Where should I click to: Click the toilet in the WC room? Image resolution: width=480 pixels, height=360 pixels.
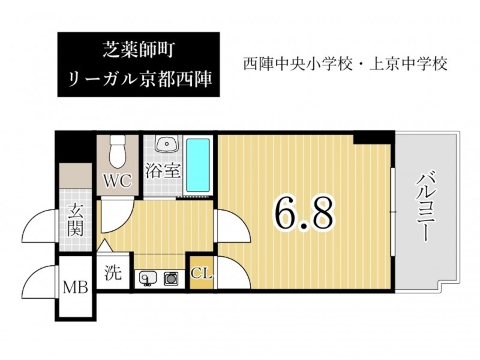click(118, 151)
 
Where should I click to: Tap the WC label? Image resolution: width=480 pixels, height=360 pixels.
click(118, 181)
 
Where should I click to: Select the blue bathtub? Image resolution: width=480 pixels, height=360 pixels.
click(198, 165)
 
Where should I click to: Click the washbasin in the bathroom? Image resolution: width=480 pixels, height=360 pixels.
click(167, 143)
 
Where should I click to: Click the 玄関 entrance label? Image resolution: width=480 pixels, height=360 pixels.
click(76, 220)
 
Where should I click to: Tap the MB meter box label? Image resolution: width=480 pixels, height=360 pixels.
click(76, 288)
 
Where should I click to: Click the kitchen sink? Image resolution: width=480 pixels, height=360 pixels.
click(148, 278)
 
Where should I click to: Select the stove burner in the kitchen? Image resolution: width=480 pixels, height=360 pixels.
click(171, 278)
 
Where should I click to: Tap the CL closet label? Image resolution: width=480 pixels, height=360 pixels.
click(202, 274)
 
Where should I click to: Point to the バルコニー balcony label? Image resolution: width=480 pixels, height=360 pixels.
click(426, 207)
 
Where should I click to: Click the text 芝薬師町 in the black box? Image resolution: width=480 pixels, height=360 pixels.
click(139, 50)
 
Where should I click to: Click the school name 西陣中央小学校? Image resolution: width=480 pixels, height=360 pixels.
click(297, 64)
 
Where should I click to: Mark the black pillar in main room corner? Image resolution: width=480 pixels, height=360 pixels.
click(373, 137)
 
